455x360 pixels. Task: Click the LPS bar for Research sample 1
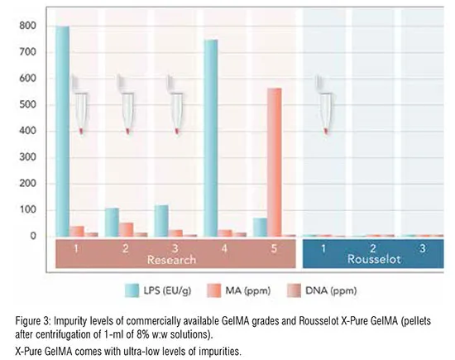[62, 132]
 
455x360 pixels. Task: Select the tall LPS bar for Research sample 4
[211, 138]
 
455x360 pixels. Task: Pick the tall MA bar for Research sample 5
[275, 162]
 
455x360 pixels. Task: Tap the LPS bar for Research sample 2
[112, 222]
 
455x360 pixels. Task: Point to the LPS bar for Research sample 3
[161, 221]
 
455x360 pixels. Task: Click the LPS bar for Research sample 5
[260, 227]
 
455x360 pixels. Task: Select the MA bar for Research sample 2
[126, 229]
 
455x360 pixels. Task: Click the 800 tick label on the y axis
[28, 26]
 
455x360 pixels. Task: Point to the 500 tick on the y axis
[28, 105]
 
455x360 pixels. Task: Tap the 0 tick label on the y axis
[33, 236]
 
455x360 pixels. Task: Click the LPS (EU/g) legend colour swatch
[132, 290]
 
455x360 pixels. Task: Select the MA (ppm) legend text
[248, 290]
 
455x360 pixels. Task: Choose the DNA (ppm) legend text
[331, 290]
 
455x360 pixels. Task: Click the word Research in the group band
[171, 260]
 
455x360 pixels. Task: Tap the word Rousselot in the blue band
[374, 259]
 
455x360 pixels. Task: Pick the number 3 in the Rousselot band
[423, 248]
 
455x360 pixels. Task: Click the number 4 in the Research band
[224, 248]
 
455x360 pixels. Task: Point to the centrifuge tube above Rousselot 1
[325, 105]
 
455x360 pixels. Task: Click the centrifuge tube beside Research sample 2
[126, 105]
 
